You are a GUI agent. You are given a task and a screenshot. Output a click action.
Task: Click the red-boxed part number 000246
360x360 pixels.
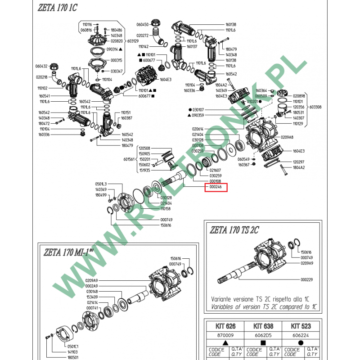216,187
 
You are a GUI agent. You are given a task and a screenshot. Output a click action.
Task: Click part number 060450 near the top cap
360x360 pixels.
142,24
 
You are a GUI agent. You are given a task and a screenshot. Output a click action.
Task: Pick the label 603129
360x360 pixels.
133,41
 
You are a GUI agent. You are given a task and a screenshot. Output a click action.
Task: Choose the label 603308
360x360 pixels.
315,107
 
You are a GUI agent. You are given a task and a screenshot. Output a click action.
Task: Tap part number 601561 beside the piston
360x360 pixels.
130,159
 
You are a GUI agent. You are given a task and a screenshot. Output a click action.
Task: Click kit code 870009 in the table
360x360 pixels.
220,336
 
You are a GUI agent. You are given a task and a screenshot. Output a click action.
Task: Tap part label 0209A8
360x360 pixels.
287,137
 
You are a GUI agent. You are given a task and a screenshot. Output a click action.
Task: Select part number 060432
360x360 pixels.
41,66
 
